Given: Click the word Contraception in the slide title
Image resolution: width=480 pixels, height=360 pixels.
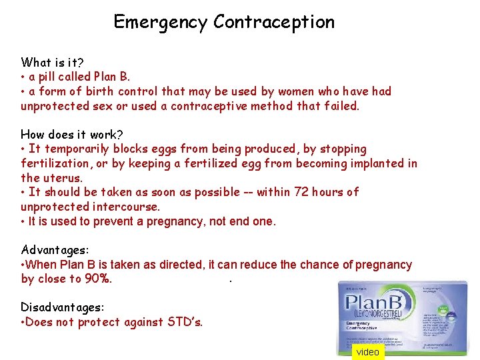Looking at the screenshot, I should pos(274,22).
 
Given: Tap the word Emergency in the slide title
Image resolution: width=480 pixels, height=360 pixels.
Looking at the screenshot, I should pos(161,22).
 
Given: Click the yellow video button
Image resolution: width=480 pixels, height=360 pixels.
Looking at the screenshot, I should pos(367,352).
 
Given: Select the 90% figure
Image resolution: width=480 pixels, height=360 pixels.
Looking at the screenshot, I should pos(99,279).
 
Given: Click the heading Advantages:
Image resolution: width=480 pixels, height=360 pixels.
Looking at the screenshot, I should pos(55,250).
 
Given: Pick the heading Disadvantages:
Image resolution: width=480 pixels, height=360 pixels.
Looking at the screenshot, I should pos(63,307).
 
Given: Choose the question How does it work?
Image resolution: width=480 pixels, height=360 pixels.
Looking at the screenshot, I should pos(72,134).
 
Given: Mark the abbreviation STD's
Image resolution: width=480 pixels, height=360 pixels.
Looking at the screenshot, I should pos(183,322).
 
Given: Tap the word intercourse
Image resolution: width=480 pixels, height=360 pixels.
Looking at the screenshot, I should pos(123,207).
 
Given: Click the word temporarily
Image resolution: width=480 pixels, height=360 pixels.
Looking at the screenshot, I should pos(76,149).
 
